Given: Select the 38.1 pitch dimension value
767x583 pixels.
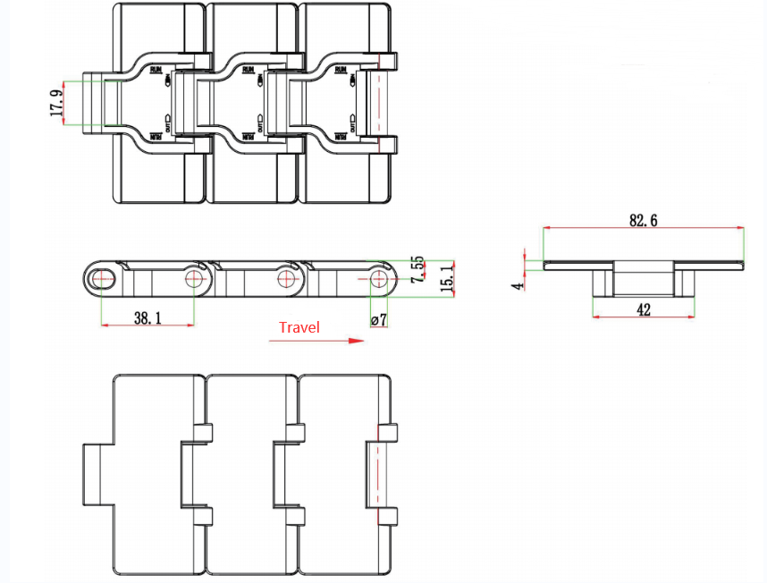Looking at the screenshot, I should tap(147, 317).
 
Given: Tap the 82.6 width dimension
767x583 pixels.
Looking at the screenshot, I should tap(643, 220).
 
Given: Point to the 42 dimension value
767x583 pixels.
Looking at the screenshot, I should tap(643, 309).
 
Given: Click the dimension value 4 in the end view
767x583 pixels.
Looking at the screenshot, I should tap(517, 285).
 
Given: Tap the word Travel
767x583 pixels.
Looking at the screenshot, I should tap(299, 327).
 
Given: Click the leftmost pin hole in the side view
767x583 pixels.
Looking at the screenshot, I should tap(102, 279).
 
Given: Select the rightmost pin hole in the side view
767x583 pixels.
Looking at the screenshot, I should tap(379, 279).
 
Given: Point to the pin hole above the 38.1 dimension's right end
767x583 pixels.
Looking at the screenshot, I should tap(194, 279).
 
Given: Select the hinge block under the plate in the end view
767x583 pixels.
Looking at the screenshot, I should tap(643, 279).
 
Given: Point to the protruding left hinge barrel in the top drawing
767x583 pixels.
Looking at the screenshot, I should tap(94, 103).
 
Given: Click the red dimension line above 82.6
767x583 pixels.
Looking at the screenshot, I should tap(643, 230).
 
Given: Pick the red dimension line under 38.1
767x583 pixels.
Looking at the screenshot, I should tap(147, 325).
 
